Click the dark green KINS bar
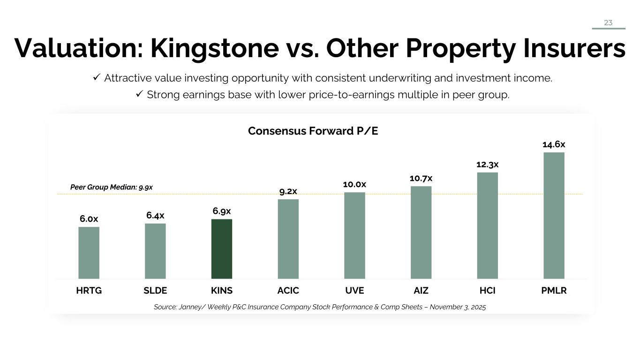click(222, 249)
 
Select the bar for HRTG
click(89, 253)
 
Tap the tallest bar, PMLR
click(554, 216)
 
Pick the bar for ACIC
click(288, 239)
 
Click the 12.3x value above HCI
click(487, 165)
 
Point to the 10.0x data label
click(354, 185)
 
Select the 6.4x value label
click(155, 216)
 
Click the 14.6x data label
click(554, 144)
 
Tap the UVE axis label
click(354, 291)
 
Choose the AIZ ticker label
click(421, 291)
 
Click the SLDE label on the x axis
click(155, 291)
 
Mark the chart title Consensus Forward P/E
click(313, 131)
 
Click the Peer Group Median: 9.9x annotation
click(112, 187)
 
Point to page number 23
click(608, 22)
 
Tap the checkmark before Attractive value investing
click(96, 78)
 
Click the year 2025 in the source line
click(478, 307)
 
